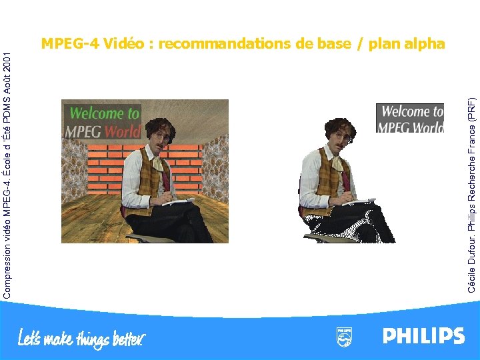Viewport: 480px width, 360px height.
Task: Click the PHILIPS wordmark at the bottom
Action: (423, 336)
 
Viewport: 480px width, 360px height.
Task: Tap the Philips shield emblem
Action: (344, 337)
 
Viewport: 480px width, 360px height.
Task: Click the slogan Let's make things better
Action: (81, 338)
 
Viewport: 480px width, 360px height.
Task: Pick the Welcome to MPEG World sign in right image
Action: (410, 119)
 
